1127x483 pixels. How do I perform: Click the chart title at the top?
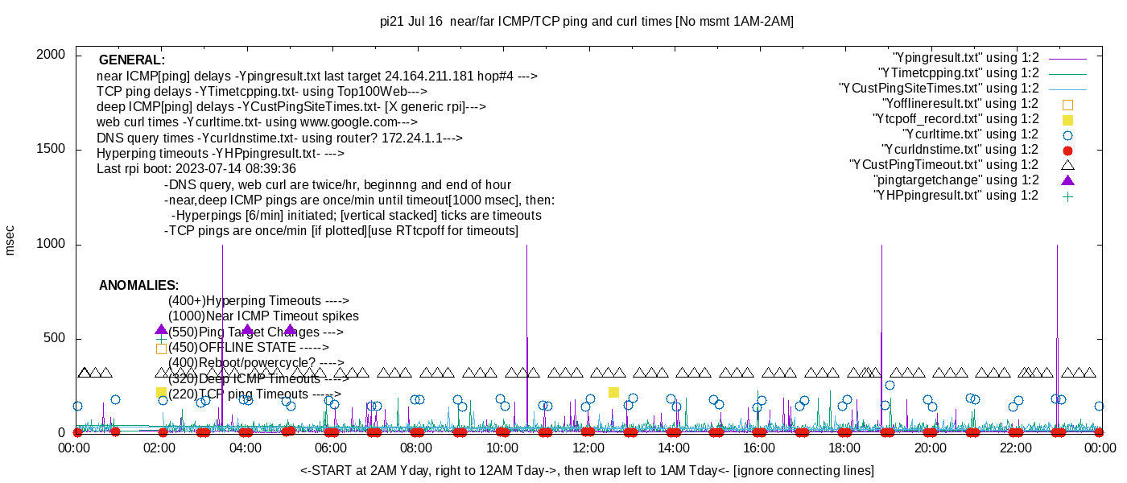586,22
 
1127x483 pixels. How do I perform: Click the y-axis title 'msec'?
10,240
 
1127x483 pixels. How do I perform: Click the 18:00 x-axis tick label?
844,448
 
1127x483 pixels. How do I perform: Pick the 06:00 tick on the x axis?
332,448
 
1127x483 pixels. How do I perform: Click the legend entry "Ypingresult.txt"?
966,58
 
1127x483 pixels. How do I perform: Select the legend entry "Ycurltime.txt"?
970,134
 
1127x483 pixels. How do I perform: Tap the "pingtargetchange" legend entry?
956,180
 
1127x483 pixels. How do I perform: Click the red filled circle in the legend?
1068,151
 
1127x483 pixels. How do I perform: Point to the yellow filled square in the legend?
1068,120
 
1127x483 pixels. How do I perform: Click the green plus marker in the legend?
1068,196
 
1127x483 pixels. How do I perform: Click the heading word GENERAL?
132,60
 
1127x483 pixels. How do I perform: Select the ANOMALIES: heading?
138,286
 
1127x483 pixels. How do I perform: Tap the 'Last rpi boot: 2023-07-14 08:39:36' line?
196,169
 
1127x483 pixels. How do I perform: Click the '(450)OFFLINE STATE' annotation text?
249,347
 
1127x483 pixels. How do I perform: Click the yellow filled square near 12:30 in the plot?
613,392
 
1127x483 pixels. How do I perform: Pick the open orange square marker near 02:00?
161,349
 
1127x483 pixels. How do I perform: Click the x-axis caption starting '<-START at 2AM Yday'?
586,470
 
